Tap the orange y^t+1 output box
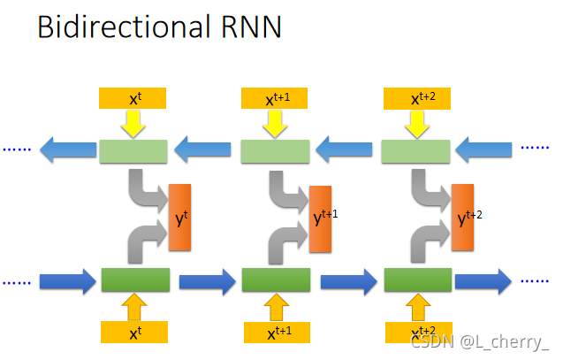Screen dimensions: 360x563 pyautogui.click(x=322, y=218)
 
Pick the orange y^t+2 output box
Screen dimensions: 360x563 pyautogui.click(x=462, y=214)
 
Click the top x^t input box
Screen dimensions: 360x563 pyautogui.click(x=134, y=99)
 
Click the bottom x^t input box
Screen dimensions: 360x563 pyautogui.click(x=134, y=333)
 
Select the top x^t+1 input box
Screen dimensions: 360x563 pyautogui.click(x=276, y=99)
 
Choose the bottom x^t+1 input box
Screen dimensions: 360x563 pyautogui.click(x=276, y=333)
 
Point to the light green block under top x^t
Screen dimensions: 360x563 pyautogui.click(x=133, y=151)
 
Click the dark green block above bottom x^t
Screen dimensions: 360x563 pyautogui.click(x=134, y=280)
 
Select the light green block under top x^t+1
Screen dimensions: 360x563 pyautogui.click(x=275, y=151)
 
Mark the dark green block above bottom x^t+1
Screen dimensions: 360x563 pyautogui.click(x=276, y=280)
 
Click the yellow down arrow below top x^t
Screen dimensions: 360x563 pyautogui.click(x=134, y=125)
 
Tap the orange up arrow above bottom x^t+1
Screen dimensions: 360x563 pyautogui.click(x=276, y=306)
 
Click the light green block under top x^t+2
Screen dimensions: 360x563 pyautogui.click(x=415, y=151)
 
